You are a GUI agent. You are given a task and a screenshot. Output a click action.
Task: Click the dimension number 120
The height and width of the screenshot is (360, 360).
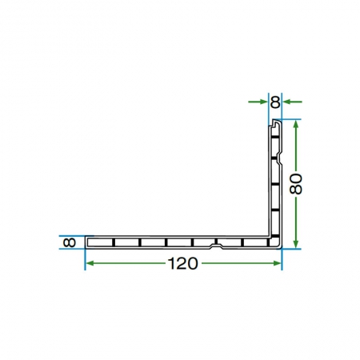point(183,263)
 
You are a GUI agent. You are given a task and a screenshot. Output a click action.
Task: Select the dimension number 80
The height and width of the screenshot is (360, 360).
point(296,184)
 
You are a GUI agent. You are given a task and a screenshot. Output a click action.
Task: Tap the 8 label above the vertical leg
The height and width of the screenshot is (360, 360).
point(275,102)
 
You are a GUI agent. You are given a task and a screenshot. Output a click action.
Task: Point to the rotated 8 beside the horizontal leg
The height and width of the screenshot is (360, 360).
point(70,242)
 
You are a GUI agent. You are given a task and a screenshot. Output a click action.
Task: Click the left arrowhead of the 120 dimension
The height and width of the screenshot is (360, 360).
point(90,263)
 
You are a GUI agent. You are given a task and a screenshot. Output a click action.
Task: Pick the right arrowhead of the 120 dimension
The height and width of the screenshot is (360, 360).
point(277,263)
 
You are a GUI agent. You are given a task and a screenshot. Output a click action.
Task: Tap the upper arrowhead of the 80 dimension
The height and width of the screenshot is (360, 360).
point(296,125)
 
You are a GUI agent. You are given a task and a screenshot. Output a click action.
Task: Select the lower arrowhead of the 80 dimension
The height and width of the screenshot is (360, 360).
point(296,243)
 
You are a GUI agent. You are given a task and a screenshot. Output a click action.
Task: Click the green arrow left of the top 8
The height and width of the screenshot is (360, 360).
point(258,102)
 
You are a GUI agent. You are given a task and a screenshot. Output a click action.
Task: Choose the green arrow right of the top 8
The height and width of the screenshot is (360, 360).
point(292,102)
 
